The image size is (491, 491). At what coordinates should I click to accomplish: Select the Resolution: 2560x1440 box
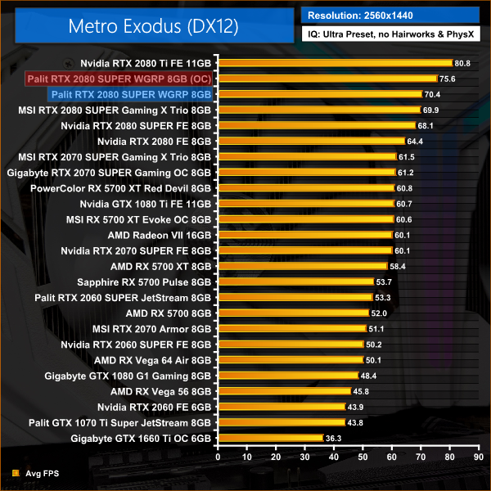click(391, 15)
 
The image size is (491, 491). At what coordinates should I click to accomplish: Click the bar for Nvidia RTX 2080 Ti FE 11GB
click(334, 63)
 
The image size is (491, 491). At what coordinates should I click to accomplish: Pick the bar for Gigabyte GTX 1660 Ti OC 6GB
click(269, 439)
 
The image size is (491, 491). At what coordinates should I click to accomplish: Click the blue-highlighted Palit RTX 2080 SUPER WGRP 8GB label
click(130, 94)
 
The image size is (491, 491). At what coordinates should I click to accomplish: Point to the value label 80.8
click(462, 63)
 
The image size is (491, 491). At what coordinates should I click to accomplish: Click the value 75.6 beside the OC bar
click(447, 79)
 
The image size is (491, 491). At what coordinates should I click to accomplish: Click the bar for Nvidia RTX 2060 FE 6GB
click(281, 408)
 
